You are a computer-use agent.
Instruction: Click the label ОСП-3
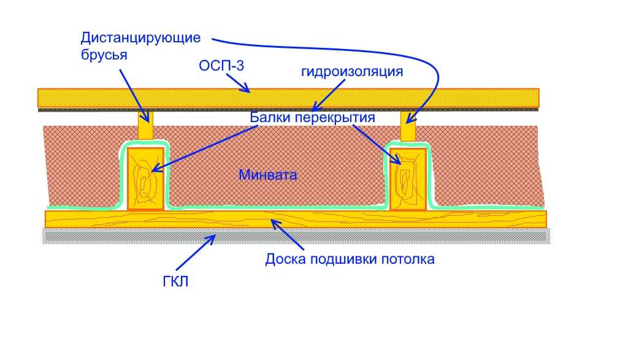pos(221,66)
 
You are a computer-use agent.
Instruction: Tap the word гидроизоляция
pos(352,72)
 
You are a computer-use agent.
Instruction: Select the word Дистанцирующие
pos(141,38)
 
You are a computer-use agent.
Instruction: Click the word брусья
pos(104,55)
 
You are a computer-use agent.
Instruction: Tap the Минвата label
pos(268,175)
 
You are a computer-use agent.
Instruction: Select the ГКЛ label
pos(175,281)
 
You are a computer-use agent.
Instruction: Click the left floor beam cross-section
pos(146,179)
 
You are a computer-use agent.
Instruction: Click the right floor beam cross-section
pos(408,179)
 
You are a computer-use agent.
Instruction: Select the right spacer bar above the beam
pos(408,126)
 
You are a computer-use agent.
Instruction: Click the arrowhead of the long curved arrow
pos(411,118)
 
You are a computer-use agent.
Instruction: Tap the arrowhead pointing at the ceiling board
pos(275,223)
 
